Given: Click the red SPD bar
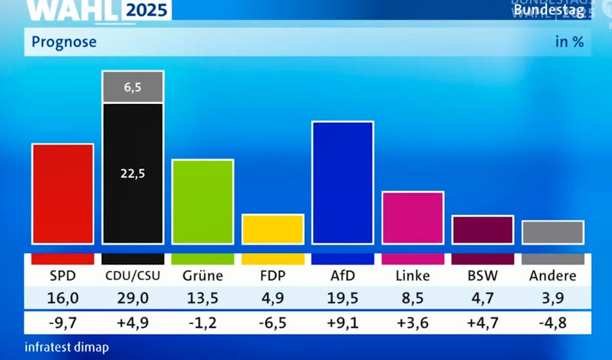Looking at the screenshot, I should (63, 194).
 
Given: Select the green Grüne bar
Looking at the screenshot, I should (203, 202).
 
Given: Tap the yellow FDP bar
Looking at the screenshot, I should (273, 229).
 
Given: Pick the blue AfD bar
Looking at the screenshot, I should (342, 183).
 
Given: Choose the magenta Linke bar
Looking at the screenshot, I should (413, 218).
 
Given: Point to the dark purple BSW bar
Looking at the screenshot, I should (483, 230).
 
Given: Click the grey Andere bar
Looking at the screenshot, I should (552, 232).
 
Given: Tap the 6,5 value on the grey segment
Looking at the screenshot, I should (132, 87).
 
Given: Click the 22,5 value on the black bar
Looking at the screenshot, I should (132, 174).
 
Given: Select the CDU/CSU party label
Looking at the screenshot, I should (132, 275).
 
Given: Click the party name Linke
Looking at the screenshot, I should (413, 275).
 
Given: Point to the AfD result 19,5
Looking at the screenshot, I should (342, 298).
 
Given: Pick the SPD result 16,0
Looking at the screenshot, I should (63, 298).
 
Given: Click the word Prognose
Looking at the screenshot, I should (64, 42).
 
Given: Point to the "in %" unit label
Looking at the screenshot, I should (569, 42).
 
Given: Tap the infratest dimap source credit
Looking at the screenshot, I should (66, 347).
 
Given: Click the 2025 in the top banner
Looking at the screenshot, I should (147, 10).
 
